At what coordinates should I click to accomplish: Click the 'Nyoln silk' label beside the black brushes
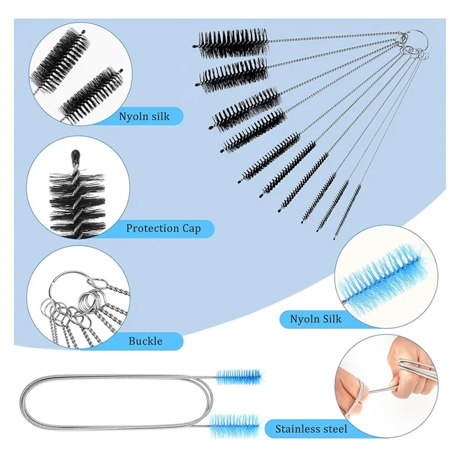click(144, 116)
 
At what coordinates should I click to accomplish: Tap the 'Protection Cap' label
click(163, 228)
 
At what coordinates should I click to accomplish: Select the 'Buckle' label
click(145, 341)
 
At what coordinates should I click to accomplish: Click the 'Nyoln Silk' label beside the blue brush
click(316, 318)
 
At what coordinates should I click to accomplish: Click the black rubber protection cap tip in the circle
click(76, 155)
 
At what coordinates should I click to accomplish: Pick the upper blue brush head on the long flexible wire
click(239, 377)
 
